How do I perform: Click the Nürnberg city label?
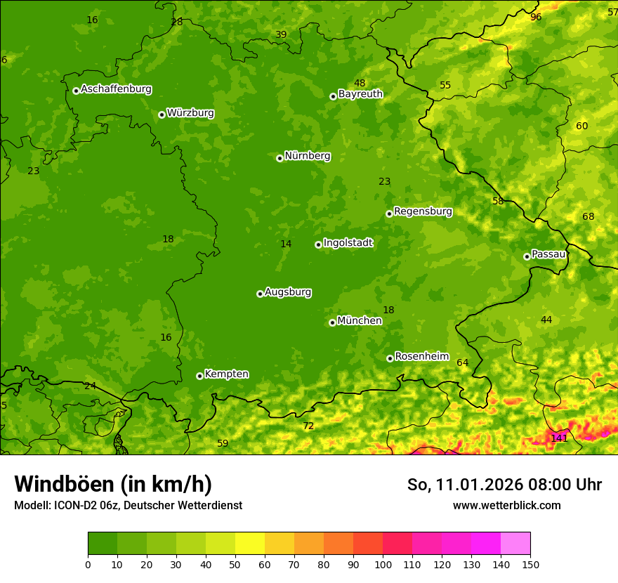click(307, 156)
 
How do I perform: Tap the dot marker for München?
click(332, 322)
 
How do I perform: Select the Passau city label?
click(548, 254)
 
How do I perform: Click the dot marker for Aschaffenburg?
click(76, 91)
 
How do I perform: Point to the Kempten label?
click(226, 374)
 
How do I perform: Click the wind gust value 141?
click(559, 438)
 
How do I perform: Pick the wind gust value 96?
click(536, 17)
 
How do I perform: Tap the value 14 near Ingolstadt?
click(286, 244)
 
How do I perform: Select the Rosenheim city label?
click(421, 357)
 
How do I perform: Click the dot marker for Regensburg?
click(388, 214)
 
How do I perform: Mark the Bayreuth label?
click(360, 94)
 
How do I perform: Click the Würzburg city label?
click(190, 113)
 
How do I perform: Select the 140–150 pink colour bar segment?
click(515, 543)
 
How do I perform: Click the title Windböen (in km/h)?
click(113, 484)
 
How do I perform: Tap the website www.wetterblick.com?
click(506, 505)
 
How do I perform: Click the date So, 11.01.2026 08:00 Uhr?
click(504, 485)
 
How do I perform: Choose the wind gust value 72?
click(308, 426)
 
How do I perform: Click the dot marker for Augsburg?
click(260, 294)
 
